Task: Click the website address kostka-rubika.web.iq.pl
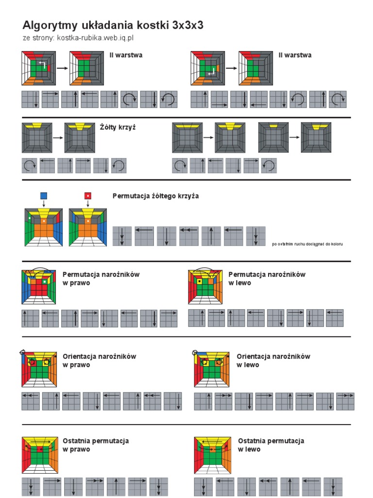(95, 38)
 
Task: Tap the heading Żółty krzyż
(118, 127)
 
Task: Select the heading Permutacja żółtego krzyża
(156, 196)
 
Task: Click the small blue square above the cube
(44, 196)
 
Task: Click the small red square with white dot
(88, 196)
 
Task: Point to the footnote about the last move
(307, 244)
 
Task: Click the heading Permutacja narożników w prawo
(101, 279)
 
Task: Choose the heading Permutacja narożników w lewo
(267, 279)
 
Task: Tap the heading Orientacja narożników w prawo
(99, 360)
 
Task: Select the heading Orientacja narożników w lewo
(273, 360)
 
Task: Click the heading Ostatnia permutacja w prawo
(96, 445)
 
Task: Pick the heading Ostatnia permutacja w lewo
(271, 445)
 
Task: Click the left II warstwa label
(126, 55)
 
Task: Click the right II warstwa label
(295, 55)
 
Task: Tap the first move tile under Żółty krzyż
(30, 165)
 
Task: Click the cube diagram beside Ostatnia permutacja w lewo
(213, 455)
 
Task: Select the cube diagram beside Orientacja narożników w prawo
(39, 369)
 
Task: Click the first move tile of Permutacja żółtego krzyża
(122, 236)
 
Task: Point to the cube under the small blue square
(44, 228)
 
